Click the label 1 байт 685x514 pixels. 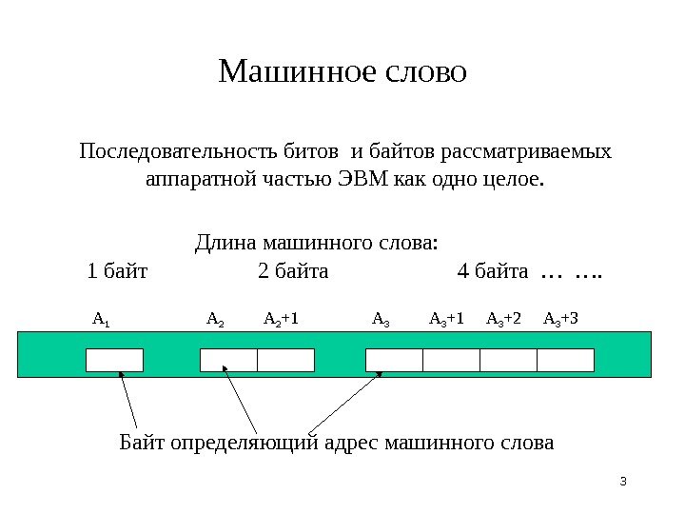117,272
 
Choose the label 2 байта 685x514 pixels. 293,272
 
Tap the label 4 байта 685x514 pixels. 493,272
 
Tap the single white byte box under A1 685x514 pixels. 114,360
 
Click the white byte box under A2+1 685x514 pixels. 285,360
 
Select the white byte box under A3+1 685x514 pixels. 451,360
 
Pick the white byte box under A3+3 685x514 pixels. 565,360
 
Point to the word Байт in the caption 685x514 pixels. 142,443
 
